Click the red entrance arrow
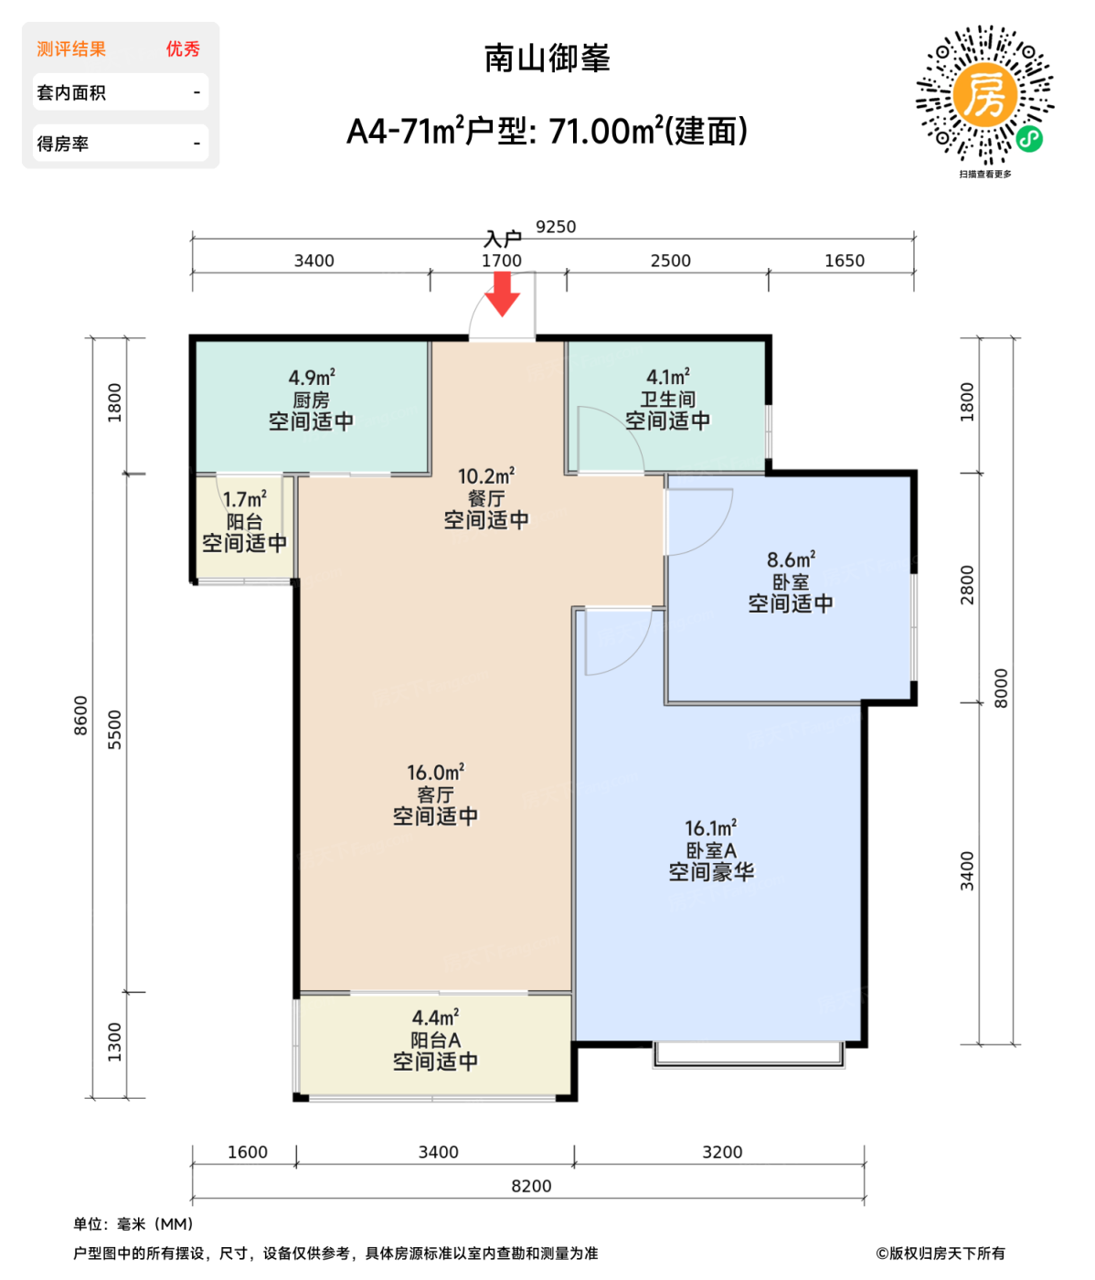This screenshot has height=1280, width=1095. point(502,293)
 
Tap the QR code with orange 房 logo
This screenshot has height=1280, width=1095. point(984,96)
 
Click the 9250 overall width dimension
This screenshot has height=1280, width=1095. point(556,227)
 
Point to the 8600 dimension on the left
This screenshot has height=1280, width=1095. point(81,715)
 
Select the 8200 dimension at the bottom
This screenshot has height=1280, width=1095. point(531,1186)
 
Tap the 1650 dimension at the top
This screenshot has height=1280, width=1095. point(844,261)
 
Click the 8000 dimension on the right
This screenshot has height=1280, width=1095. point(1001,688)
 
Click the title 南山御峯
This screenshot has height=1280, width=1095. point(547,59)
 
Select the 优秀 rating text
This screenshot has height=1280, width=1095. point(183,49)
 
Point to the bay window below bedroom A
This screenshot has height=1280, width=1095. point(749,1054)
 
